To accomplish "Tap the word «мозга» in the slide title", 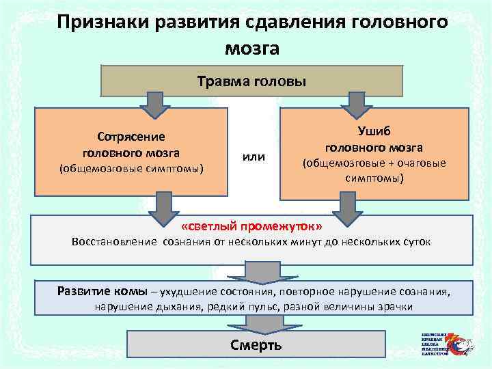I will (251, 49).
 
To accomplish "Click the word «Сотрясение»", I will (131, 137).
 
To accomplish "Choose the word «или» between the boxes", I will (254, 158).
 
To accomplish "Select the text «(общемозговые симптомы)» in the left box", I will (131, 168).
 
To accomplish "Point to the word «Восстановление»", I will (115, 243).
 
